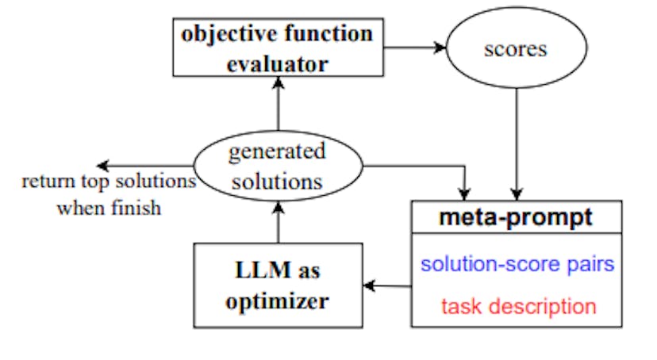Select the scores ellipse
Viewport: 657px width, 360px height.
(516, 49)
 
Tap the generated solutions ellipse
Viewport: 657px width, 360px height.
(277, 166)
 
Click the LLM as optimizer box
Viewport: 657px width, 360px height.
(278, 285)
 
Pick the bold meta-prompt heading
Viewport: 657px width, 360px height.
(516, 218)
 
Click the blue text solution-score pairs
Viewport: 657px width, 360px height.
(517, 264)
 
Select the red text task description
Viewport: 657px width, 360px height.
(517, 305)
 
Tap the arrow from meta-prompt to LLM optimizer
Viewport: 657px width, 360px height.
(387, 286)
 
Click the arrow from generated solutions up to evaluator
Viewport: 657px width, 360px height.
(277, 103)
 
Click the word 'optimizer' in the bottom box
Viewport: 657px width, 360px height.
(278, 301)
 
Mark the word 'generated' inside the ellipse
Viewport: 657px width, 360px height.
(277, 151)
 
